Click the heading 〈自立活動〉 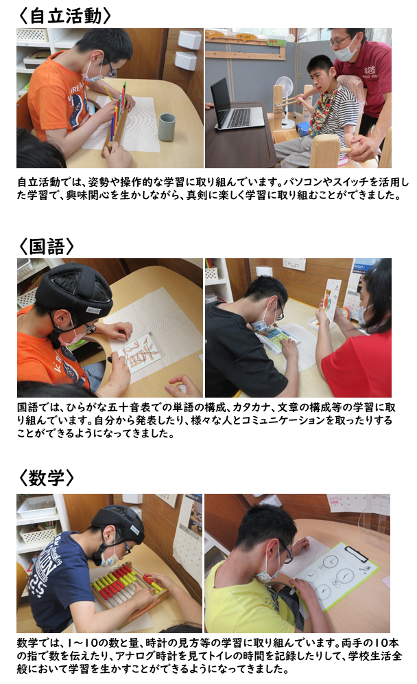[64, 15]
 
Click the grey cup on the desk [167, 127]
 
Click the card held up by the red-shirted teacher [331, 301]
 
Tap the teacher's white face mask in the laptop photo [346, 52]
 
